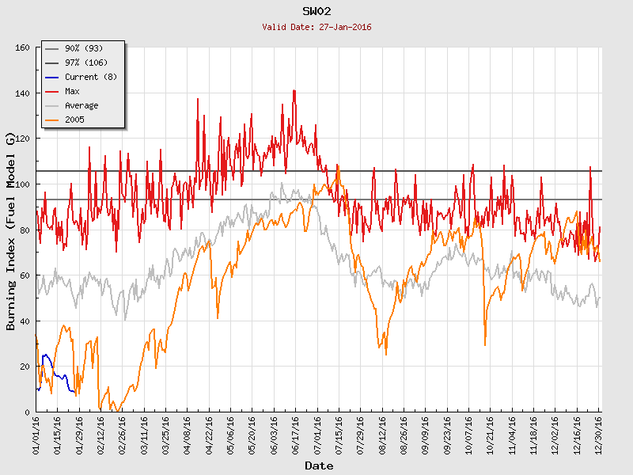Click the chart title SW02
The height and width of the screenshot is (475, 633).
(x=316, y=11)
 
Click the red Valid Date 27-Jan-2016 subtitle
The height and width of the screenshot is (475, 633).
(x=316, y=27)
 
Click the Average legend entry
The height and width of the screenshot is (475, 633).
(x=81, y=105)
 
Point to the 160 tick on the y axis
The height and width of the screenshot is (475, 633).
(x=22, y=48)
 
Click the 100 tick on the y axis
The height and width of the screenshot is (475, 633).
(x=22, y=184)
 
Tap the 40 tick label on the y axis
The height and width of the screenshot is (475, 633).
(x=25, y=321)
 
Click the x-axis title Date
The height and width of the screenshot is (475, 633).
(x=319, y=465)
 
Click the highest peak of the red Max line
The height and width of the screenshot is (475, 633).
(x=294, y=90)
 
